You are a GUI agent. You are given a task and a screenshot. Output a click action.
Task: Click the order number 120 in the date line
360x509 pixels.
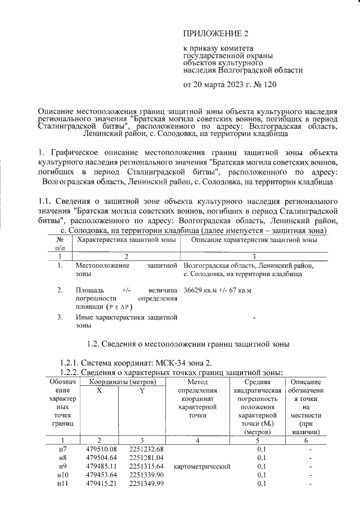(269, 85)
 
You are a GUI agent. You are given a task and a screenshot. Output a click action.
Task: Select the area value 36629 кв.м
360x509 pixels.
(202, 290)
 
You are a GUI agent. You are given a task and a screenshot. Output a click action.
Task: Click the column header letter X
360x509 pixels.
(99, 390)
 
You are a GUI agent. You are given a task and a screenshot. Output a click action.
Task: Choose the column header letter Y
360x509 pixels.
(142, 390)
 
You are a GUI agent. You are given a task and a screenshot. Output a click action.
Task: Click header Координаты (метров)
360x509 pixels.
(119, 381)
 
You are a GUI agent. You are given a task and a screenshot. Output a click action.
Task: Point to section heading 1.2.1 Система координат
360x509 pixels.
(136, 362)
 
